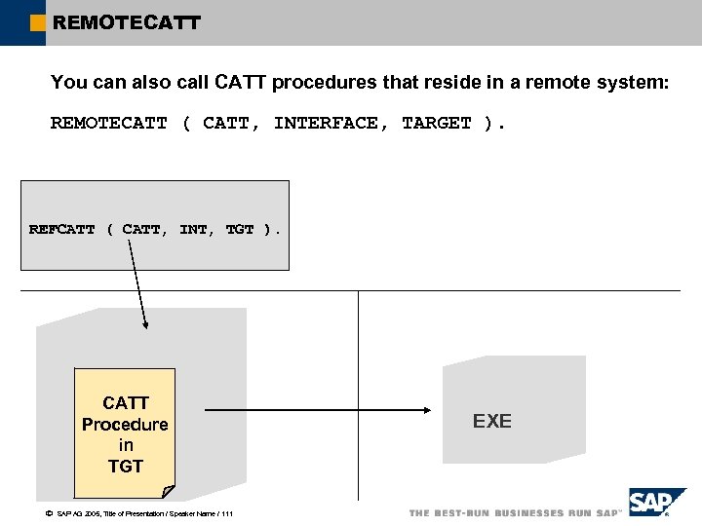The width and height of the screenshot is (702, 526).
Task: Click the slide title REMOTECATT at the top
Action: point(127,21)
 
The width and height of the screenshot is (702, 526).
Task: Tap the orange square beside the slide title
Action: point(37,21)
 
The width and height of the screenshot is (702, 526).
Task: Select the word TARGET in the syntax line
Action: point(437,123)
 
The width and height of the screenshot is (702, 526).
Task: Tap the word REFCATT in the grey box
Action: point(62,230)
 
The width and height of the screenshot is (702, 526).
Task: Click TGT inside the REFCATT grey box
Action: point(240,230)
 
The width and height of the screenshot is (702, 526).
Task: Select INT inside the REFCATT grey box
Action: point(193,230)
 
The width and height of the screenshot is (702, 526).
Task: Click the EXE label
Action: point(492,421)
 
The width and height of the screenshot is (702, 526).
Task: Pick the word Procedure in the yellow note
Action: point(125,425)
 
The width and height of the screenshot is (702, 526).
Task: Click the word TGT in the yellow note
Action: point(125,467)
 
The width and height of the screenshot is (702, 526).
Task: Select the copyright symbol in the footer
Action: point(49,513)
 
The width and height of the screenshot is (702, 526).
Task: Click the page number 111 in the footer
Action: point(226,513)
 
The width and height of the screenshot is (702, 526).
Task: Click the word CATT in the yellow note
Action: point(126,403)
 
